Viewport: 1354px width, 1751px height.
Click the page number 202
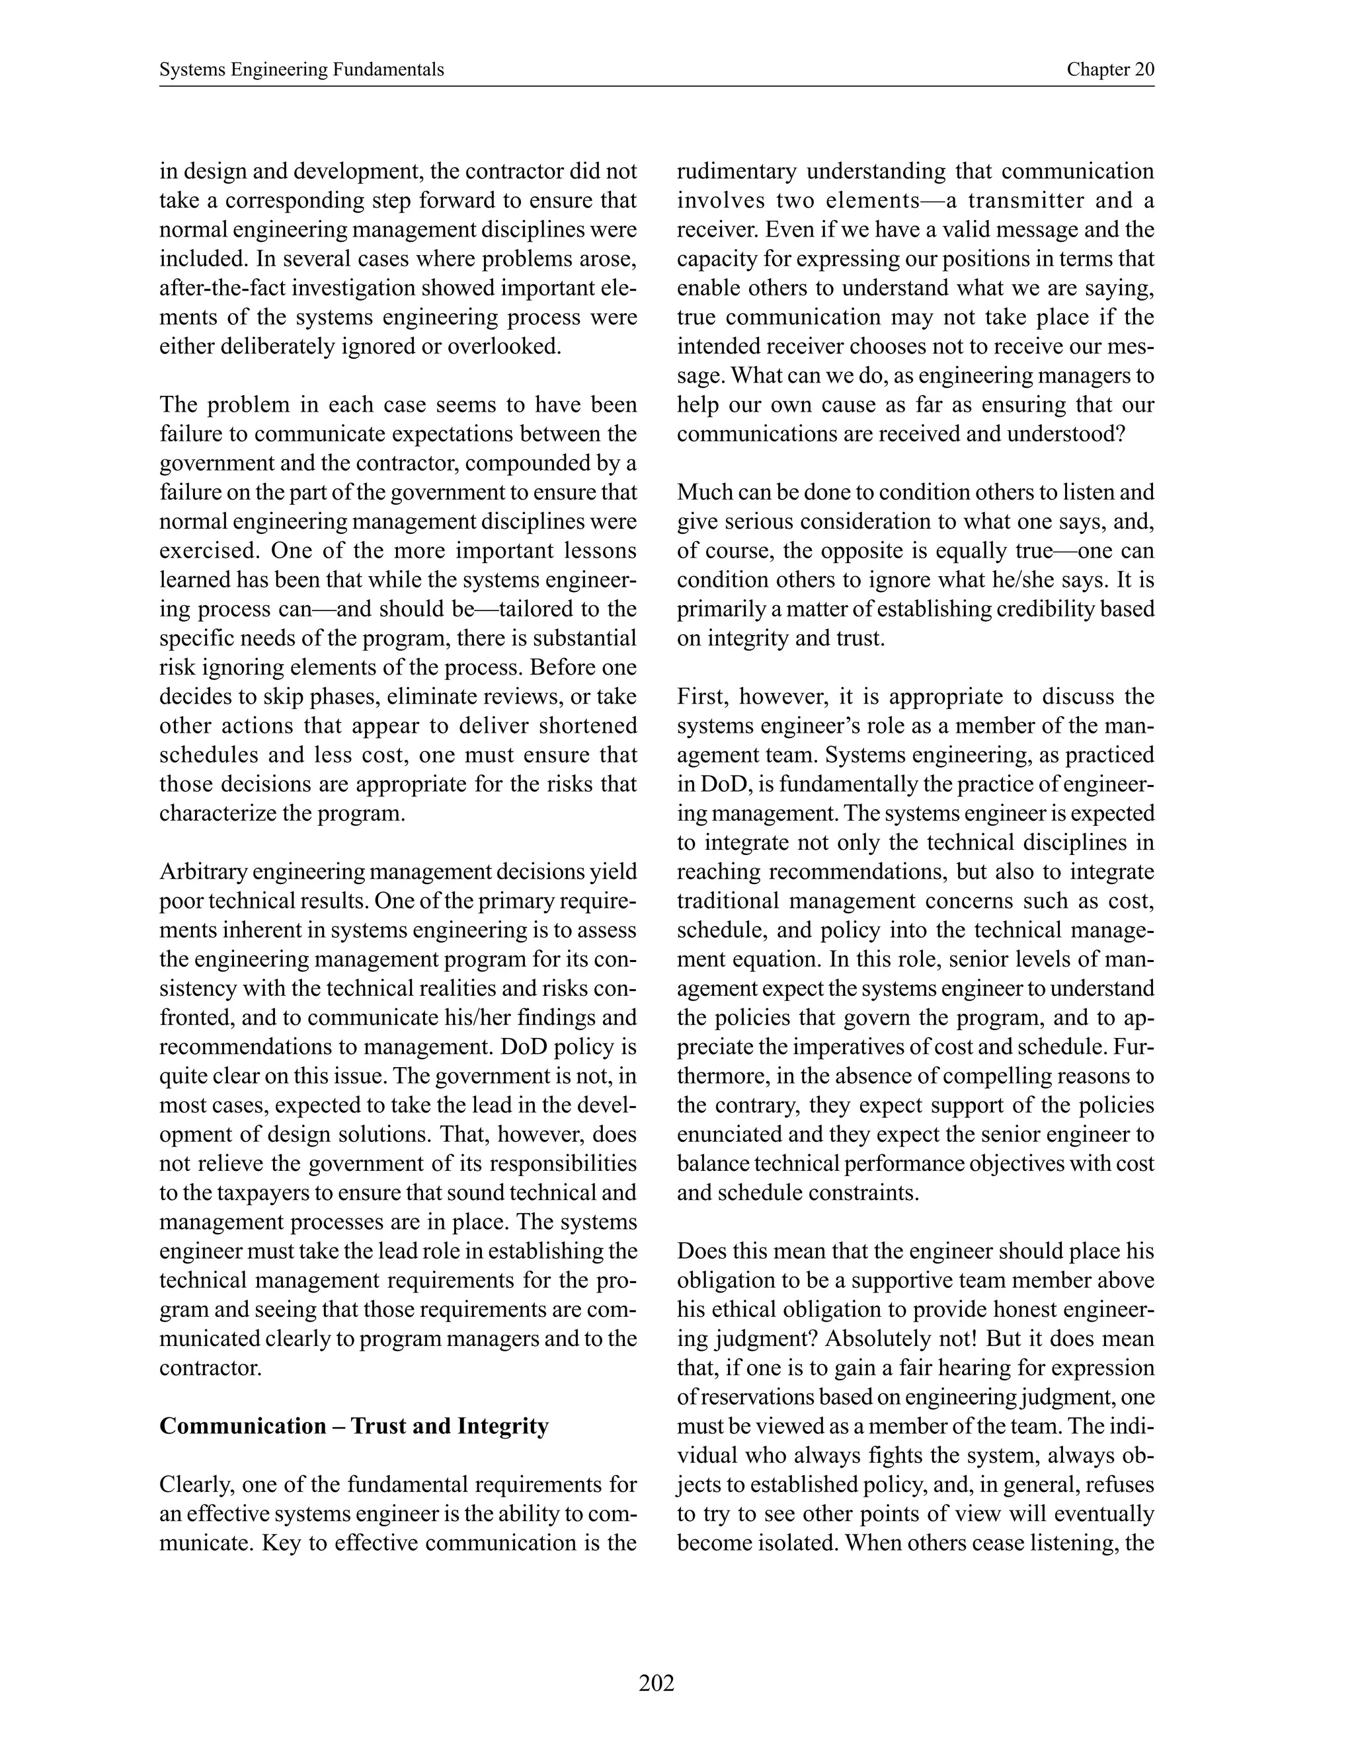pyautogui.click(x=656, y=1683)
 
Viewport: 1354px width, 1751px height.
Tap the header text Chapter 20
pyautogui.click(x=1110, y=70)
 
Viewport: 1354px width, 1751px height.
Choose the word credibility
pyautogui.click(x=1045, y=609)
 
